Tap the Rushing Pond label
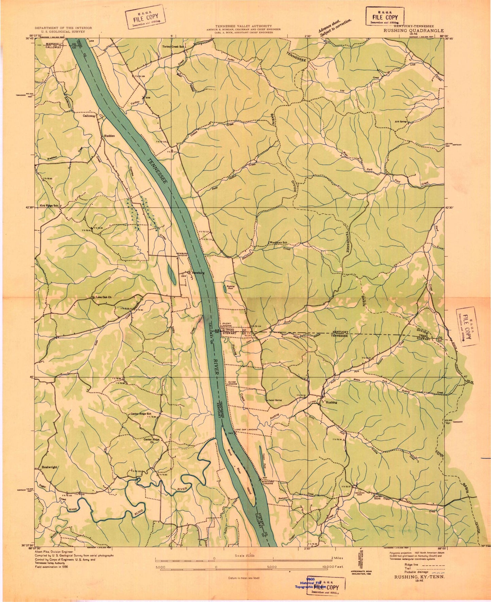(231, 287)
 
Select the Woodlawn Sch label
(279, 242)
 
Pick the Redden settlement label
(109, 136)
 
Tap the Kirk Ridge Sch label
(49, 206)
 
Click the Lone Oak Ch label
(103, 297)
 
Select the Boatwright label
(49, 467)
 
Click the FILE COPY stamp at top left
(144, 17)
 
